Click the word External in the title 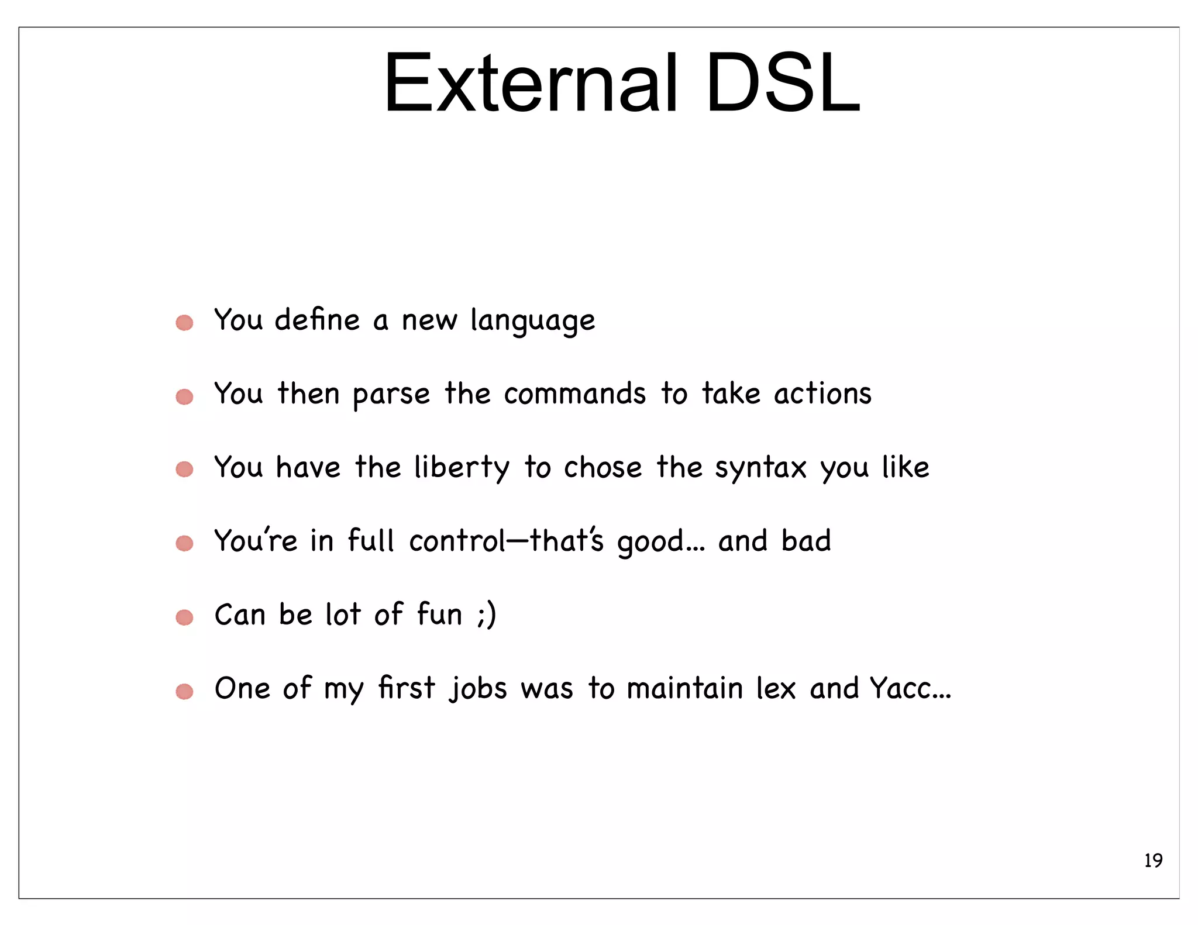click(530, 83)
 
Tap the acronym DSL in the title click(783, 83)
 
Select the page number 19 click(1153, 861)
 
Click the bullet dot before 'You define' click(184, 323)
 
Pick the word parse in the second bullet click(391, 395)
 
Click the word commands click(574, 394)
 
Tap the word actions click(822, 394)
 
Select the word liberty click(462, 468)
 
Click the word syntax click(760, 468)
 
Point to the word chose click(603, 468)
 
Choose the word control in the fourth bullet click(457, 541)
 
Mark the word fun click(439, 615)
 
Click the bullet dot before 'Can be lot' click(184, 617)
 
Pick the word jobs click(478, 689)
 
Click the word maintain click(684, 688)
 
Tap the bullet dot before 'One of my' click(184, 692)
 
